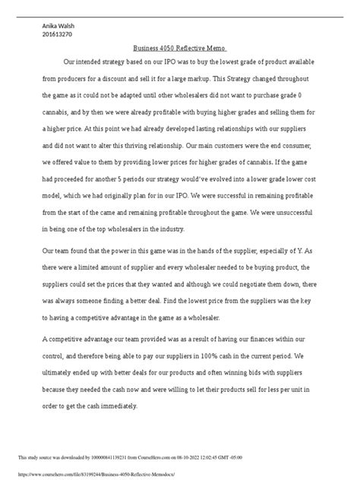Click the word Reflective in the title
[193, 47]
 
